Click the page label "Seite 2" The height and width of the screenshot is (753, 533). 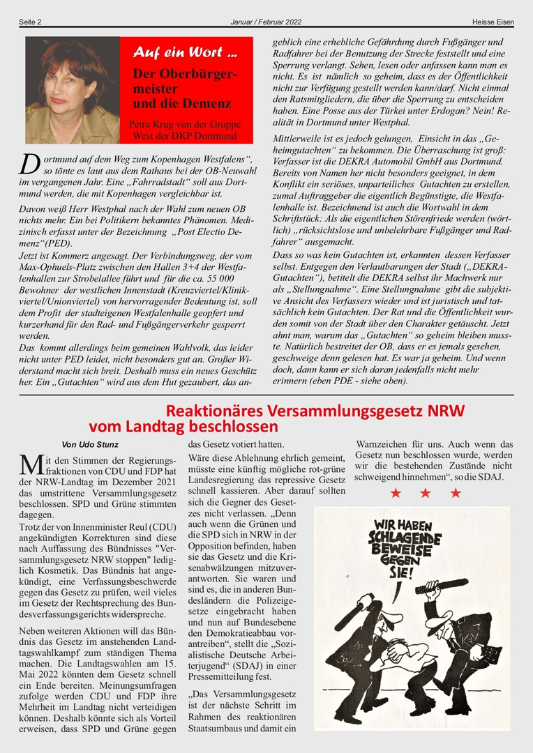point(30,22)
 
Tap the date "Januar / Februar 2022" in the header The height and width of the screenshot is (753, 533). point(266,22)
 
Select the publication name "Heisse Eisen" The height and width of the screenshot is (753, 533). point(493,22)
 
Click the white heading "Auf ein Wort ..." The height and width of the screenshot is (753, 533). point(185,52)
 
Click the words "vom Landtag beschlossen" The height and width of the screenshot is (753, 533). point(183,426)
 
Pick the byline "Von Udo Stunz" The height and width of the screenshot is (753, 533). point(90,445)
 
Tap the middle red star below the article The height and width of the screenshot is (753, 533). point(426,494)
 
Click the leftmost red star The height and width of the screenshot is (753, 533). point(396,494)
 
